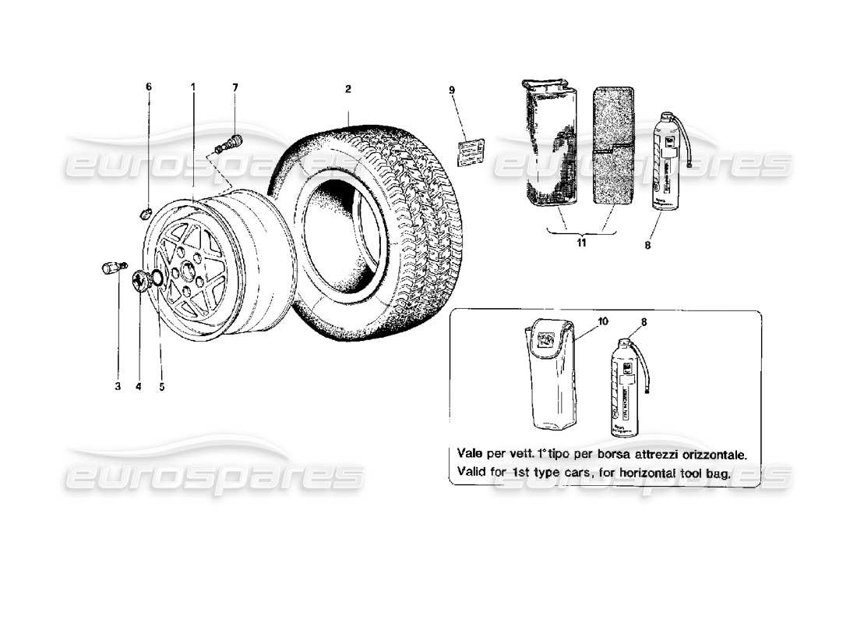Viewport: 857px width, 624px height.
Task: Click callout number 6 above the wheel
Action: pyautogui.click(x=149, y=87)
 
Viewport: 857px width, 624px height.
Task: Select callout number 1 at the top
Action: pyautogui.click(x=193, y=87)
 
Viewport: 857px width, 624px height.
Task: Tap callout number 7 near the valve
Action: pyautogui.click(x=235, y=87)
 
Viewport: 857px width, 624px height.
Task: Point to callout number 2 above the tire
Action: pyautogui.click(x=348, y=89)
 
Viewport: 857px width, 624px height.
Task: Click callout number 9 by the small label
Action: pyautogui.click(x=451, y=90)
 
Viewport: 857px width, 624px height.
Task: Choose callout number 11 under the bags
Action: pyautogui.click(x=582, y=244)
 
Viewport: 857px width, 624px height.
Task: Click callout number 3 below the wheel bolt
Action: pyautogui.click(x=118, y=385)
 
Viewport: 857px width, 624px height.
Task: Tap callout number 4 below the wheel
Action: pyautogui.click(x=139, y=385)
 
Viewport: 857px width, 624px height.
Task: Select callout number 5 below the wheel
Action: pyautogui.click(x=161, y=385)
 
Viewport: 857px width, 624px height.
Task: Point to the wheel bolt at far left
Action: pyautogui.click(x=111, y=268)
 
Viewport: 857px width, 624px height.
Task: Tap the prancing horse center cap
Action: pyautogui.click(x=140, y=279)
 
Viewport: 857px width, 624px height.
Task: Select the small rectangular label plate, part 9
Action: pyautogui.click(x=471, y=149)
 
